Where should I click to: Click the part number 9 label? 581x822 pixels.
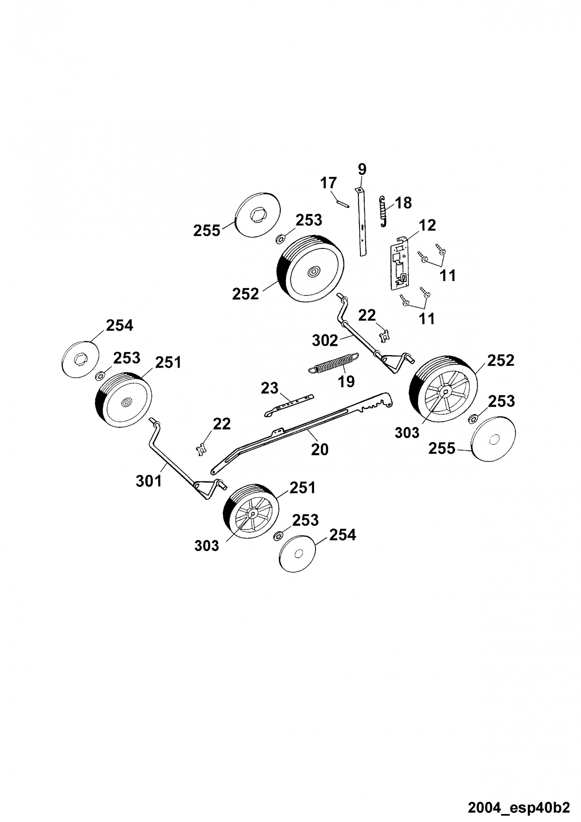362,169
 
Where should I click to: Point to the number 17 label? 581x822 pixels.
328,183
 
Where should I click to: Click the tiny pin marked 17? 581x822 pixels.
342,203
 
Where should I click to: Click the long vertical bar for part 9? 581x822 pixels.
362,222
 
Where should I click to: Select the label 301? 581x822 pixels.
149,481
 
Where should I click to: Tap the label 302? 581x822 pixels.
325,340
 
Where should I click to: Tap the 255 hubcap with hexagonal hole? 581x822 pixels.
258,215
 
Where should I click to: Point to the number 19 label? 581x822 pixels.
346,382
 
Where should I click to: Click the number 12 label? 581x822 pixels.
427,225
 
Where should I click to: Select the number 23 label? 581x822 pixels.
269,388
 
